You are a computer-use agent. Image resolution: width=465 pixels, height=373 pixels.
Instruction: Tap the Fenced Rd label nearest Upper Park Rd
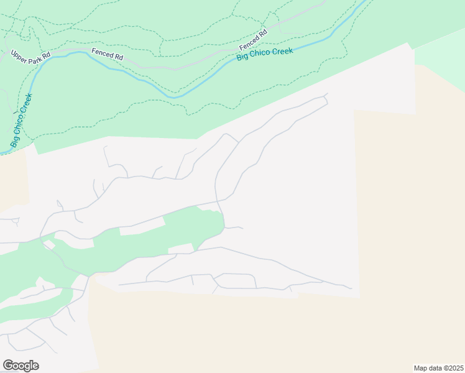pos(107,54)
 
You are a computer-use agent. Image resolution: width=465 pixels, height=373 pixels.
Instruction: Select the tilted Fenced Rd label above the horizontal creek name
pos(253,40)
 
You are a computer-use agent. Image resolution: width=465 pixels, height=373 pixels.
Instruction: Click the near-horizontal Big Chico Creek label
pos(264,55)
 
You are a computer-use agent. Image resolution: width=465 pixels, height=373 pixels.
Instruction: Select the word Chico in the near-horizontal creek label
pos(264,55)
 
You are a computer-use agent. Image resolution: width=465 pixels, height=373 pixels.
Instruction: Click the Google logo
pos(21,366)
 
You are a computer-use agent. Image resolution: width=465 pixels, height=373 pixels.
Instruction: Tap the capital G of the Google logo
pos(8,365)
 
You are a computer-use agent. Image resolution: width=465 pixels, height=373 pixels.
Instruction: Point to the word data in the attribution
pos(435,368)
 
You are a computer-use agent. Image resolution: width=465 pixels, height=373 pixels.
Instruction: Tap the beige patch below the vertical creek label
pos(12,180)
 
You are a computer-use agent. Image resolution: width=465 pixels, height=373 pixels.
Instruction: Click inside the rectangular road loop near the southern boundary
pos(235,280)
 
